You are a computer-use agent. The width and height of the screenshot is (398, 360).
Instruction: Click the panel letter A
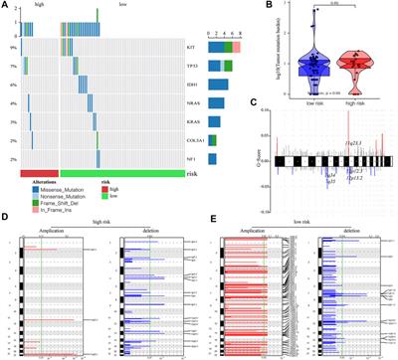point(5,5)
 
